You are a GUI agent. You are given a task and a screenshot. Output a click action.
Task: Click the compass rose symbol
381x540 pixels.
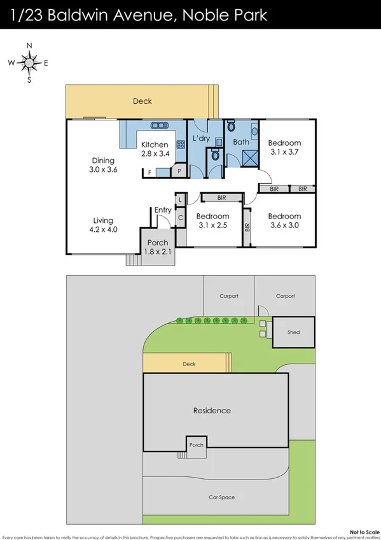[29, 62]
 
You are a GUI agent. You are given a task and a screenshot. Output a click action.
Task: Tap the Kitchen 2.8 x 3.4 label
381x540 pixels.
[155, 148]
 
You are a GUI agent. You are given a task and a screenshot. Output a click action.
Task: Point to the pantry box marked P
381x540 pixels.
[179, 171]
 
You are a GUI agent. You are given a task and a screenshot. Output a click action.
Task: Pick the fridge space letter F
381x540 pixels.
[149, 172]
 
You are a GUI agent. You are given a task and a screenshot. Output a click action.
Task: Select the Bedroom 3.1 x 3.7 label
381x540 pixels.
[284, 148]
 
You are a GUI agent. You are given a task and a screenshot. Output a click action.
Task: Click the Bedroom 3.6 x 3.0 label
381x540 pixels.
[284, 220]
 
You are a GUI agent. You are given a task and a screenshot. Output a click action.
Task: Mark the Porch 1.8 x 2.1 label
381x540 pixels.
[158, 247]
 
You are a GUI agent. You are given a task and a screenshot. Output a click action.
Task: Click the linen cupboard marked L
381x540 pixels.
[181, 201]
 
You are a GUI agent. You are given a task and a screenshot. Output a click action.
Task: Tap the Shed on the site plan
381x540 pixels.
[293, 332]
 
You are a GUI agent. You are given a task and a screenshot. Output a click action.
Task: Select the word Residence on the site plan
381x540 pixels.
[212, 411]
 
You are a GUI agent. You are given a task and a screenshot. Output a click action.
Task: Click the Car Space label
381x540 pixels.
[219, 497]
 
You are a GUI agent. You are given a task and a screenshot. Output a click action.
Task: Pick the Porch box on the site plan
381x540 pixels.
[197, 444]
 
